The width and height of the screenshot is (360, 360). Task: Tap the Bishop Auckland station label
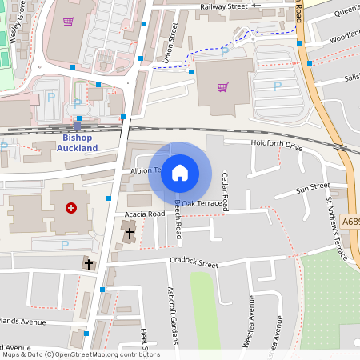click(x=79, y=143)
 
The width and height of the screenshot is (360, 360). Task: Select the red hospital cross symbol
click(x=71, y=208)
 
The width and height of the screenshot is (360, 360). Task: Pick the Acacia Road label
click(x=145, y=214)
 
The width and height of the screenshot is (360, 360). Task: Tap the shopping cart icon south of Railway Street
click(x=222, y=87)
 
